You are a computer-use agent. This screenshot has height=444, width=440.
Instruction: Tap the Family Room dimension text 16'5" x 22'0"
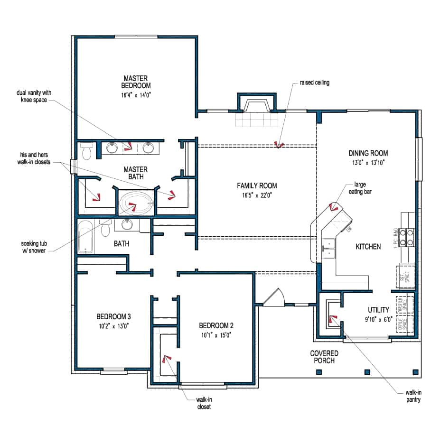pyautogui.click(x=257, y=194)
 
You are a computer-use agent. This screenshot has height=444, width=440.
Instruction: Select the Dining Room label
pyautogui.click(x=368, y=153)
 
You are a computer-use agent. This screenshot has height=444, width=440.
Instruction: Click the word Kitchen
pyautogui.click(x=368, y=247)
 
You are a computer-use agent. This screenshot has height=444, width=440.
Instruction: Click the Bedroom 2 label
pyautogui.click(x=216, y=326)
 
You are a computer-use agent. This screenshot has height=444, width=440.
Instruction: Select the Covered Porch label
pyautogui.click(x=324, y=357)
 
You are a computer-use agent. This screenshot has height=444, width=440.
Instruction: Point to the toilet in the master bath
pyautogui.click(x=86, y=152)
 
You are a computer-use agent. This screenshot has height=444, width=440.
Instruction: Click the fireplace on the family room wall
pyautogui.click(x=256, y=107)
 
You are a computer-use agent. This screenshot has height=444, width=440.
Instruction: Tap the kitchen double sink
pyautogui.click(x=329, y=249)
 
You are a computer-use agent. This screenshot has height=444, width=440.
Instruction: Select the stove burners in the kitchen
pyautogui.click(x=406, y=237)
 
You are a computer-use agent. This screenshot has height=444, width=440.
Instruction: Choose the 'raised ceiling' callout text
pyautogui.click(x=314, y=83)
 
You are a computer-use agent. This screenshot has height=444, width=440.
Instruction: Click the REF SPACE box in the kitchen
pyautogui.click(x=406, y=277)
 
